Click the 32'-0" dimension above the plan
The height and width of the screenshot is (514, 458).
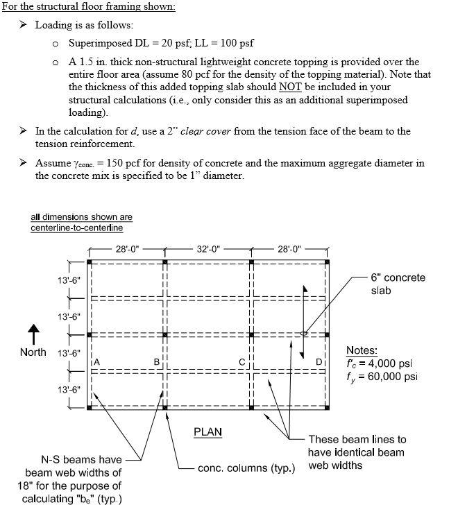click(x=208, y=249)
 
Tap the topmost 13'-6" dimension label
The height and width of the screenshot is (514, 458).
click(x=69, y=280)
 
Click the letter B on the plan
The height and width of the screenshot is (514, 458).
click(x=157, y=361)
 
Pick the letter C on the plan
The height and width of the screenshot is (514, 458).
click(x=241, y=361)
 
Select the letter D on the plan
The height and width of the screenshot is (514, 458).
click(x=319, y=361)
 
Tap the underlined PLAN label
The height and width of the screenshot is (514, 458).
click(x=207, y=431)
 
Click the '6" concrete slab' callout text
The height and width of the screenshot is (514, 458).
click(x=398, y=284)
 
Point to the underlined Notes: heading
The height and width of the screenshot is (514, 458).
click(x=362, y=350)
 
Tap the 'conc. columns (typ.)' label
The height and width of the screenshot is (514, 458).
click(x=246, y=468)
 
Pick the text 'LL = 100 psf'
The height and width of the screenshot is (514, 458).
click(x=215, y=43)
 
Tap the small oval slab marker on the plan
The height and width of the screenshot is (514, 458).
click(x=303, y=334)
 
